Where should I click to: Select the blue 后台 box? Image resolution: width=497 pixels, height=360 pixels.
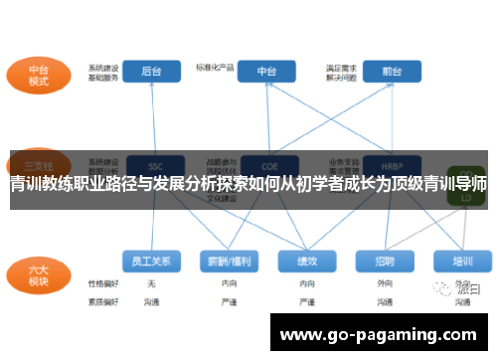click(152, 72)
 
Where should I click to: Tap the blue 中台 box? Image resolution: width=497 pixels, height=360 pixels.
click(266, 72)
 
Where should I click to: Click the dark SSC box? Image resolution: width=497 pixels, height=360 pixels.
click(154, 163)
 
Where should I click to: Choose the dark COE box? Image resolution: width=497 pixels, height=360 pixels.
click(266, 163)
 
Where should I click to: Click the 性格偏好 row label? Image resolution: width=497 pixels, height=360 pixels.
click(103, 284)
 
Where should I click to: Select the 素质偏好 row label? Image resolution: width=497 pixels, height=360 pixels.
click(103, 300)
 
